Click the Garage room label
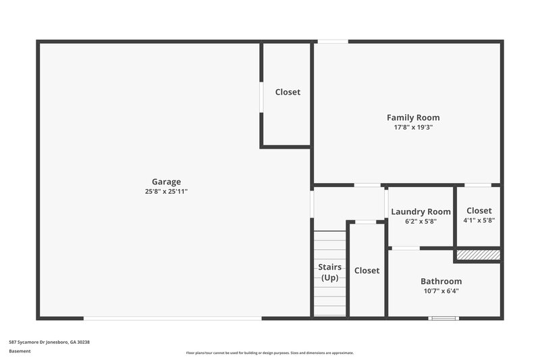click(x=166, y=182)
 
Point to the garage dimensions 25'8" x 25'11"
click(x=166, y=191)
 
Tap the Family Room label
click(x=412, y=118)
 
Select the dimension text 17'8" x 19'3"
click(x=412, y=127)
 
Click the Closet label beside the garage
click(x=288, y=92)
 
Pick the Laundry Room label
click(x=421, y=211)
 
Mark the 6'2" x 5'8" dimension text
click(x=421, y=221)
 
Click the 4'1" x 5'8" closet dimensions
click(x=479, y=220)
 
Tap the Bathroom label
click(x=441, y=281)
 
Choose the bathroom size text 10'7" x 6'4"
click(x=441, y=290)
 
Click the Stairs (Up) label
click(x=329, y=272)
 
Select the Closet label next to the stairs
click(x=367, y=270)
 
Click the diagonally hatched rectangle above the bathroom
click(x=478, y=255)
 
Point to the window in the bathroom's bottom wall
click(x=443, y=318)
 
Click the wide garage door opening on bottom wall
click(x=172, y=318)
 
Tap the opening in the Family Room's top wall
click(x=333, y=42)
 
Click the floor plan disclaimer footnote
click(x=269, y=353)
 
